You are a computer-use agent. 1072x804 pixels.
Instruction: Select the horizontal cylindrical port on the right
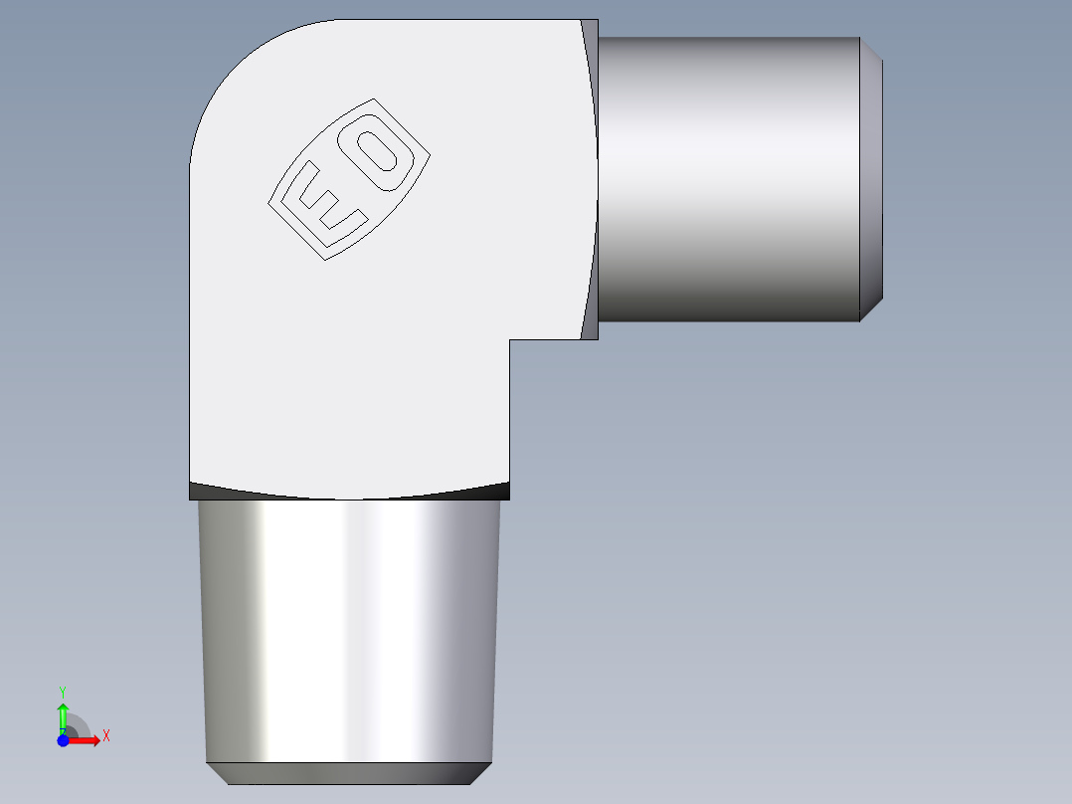[x=728, y=179]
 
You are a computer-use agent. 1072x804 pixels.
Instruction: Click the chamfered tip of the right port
[x=871, y=179]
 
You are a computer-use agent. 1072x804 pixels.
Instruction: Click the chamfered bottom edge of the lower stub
[x=348, y=773]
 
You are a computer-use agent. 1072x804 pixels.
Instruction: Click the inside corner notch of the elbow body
[x=511, y=341]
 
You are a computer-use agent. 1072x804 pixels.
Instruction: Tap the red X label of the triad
[x=106, y=736]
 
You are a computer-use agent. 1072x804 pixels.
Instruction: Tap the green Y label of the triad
[x=63, y=691]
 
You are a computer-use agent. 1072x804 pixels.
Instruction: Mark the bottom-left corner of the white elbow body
[x=191, y=479]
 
